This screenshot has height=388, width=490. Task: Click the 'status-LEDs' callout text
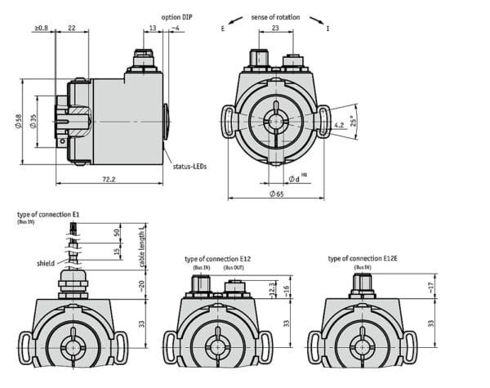pos(189,166)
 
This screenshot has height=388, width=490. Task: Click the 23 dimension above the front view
pos(276,29)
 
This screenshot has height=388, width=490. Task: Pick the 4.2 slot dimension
pos(339,125)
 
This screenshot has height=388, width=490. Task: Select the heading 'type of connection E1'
pos(48,214)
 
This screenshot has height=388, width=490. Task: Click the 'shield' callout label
pos(46,264)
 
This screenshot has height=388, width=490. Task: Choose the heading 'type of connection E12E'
pos(361,258)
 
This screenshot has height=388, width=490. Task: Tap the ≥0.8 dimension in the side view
pos(41,29)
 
